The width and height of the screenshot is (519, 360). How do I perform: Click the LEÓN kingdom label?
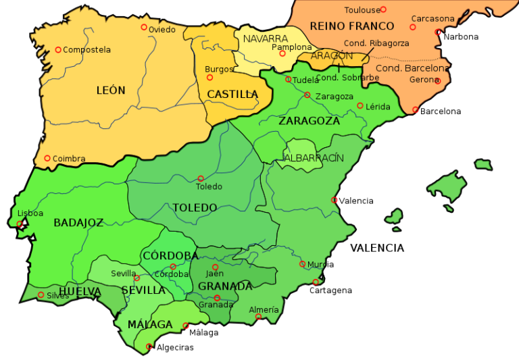(111, 91)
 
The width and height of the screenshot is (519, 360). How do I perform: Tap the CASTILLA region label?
(232, 95)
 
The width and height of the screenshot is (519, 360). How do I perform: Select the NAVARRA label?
(266, 38)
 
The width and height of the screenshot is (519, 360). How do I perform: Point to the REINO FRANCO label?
(351, 26)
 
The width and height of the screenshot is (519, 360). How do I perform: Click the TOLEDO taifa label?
(195, 208)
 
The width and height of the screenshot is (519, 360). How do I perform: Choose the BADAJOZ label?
(78, 223)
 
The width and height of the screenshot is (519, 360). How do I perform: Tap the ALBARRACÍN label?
(314, 158)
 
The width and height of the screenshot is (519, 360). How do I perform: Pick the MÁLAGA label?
(150, 325)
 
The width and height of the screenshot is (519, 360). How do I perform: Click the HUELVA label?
(80, 292)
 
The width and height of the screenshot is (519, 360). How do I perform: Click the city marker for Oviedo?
(144, 27)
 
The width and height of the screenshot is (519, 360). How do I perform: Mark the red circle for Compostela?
(58, 49)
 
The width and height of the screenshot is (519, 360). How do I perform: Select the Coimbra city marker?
(47, 158)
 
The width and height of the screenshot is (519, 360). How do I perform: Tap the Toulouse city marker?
(383, 9)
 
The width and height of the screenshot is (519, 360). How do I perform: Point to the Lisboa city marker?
(20, 224)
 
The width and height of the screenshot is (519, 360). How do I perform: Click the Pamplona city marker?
(282, 53)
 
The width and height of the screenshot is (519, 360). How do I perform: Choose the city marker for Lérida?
(360, 105)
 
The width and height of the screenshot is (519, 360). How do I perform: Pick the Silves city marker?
(41, 294)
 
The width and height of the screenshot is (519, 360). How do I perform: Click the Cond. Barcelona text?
(412, 68)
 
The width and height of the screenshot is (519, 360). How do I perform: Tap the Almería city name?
(264, 310)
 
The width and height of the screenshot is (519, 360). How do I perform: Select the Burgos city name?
(219, 69)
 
